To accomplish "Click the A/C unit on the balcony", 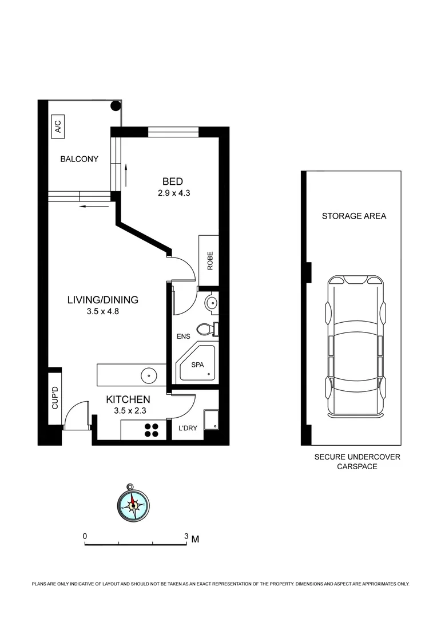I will [58, 126].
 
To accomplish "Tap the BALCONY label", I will [80, 159].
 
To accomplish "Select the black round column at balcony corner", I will [115, 105].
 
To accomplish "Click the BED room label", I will [173, 181].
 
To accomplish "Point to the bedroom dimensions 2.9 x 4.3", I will [173, 193].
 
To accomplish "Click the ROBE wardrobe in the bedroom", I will [209, 260].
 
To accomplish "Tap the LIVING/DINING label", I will [103, 300].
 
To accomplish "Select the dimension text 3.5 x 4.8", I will [103, 312].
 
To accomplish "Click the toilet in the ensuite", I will [205, 329].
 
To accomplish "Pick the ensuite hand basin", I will [210, 303].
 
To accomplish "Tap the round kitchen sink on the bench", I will [149, 375].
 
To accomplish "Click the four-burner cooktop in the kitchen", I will [152, 430].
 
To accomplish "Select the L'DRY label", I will [188, 429].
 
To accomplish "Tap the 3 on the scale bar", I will [186, 536].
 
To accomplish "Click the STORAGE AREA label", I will [353, 216].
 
